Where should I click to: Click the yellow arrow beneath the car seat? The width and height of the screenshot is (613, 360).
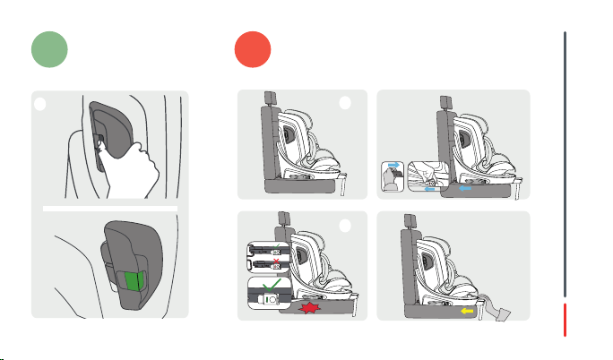pyautogui.click(x=466, y=313)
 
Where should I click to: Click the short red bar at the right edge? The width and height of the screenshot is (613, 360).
pyautogui.click(x=565, y=320)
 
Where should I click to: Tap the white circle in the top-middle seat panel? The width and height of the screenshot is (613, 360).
pyautogui.click(x=346, y=102)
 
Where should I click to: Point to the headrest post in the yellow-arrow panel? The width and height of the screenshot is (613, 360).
pyautogui.click(x=409, y=219)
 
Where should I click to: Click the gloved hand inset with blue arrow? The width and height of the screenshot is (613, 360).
pyautogui.click(x=393, y=176)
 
